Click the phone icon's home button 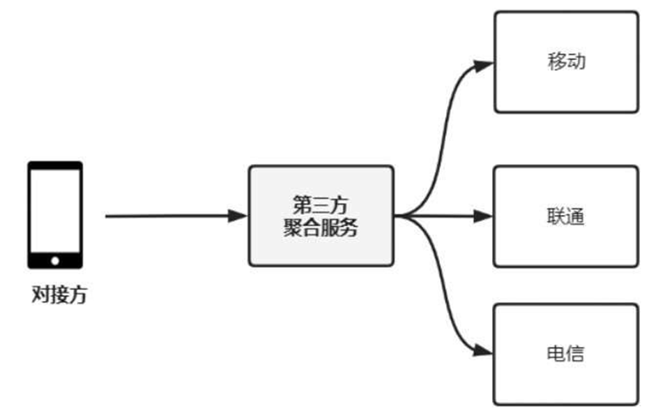pos(55,261)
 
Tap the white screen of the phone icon pos(55,211)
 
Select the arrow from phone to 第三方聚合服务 pos(167,216)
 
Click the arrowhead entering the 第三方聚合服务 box pos(239,216)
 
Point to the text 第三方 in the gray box pos(321,205)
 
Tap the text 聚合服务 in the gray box pos(321,227)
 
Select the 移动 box pos(566,87)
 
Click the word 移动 pos(567,61)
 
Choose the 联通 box pos(566,241)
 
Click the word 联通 pos(565,216)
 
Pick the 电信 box pos(566,377)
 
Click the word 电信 pos(565,353)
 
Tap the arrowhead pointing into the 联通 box pos(484,216)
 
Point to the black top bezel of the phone pos(55,166)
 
